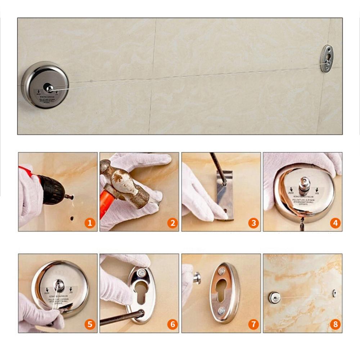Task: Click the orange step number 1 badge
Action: coord(90,223)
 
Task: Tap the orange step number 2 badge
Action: coord(172,223)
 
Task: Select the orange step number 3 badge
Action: coord(253,223)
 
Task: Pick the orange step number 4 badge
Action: coord(335,223)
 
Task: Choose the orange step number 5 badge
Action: coord(90,325)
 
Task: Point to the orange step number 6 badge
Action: coord(172,325)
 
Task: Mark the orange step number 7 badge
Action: coord(253,325)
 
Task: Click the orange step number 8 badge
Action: coord(335,325)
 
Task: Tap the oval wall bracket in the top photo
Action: coord(327,58)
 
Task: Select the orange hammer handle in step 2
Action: coord(105,205)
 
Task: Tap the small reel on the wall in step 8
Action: coord(274,297)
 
